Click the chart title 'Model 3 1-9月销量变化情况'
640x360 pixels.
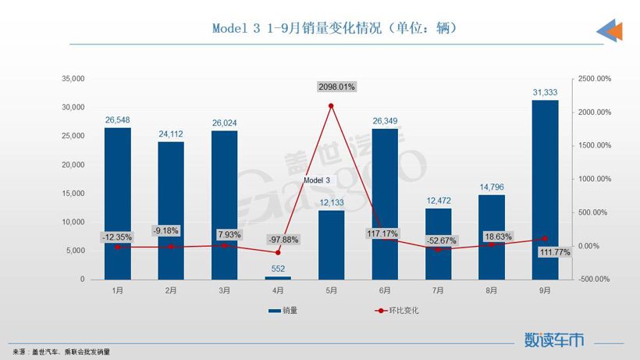[x=334, y=28]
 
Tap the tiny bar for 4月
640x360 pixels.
[x=278, y=277]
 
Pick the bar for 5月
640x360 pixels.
[x=331, y=244]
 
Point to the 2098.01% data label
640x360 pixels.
[x=336, y=87]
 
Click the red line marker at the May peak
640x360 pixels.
[x=331, y=106]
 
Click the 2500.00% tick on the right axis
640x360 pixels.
[x=595, y=79]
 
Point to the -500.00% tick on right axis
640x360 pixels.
[x=595, y=279]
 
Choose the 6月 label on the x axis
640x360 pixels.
[x=384, y=290]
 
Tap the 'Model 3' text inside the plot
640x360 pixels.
[x=317, y=180]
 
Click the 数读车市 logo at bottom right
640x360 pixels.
[x=554, y=340]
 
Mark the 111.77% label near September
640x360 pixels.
[x=554, y=252]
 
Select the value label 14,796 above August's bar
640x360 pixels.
[x=491, y=187]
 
